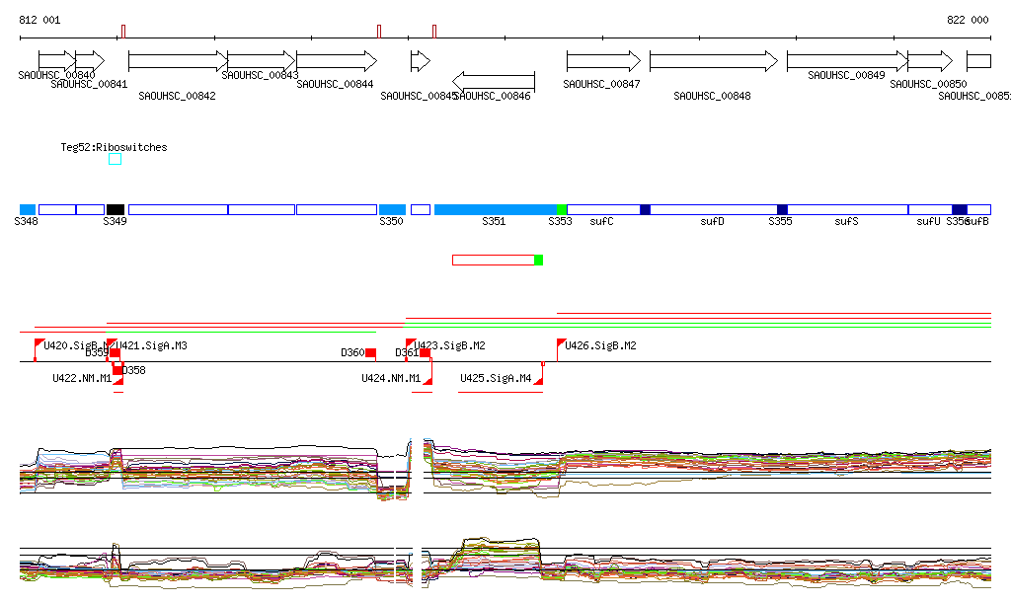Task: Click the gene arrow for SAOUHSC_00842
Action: coord(178,61)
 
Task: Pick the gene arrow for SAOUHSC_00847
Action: coord(603,61)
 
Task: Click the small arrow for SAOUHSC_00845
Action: coord(421,61)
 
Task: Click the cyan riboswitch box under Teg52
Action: coord(115,159)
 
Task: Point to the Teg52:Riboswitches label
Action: coord(114,147)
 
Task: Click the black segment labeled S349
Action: coord(116,209)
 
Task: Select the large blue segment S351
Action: coord(494,209)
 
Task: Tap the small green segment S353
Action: coord(561,209)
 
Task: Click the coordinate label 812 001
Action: coord(39,20)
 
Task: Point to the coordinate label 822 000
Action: coord(968,20)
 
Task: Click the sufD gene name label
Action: coord(712,222)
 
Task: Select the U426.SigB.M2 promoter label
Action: coord(600,346)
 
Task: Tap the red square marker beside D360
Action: coord(370,352)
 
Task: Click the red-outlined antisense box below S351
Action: coord(493,260)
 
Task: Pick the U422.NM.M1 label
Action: coord(82,378)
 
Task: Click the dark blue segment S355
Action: coord(782,209)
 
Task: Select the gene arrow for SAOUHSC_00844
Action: coord(336,61)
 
